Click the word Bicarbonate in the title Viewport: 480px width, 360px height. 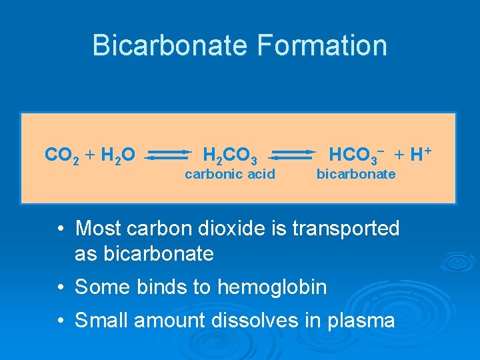click(x=169, y=45)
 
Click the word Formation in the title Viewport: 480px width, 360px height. click(x=321, y=45)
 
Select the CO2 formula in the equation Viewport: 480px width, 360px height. click(x=62, y=156)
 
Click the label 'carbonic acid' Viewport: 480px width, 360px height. click(x=230, y=175)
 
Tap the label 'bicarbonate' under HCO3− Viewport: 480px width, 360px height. click(x=355, y=175)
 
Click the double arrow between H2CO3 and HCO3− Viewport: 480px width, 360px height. click(x=292, y=155)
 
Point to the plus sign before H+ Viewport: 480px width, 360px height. click(x=399, y=156)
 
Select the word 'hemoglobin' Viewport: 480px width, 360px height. click(x=272, y=287)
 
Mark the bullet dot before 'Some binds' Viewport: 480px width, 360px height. click(x=61, y=287)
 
